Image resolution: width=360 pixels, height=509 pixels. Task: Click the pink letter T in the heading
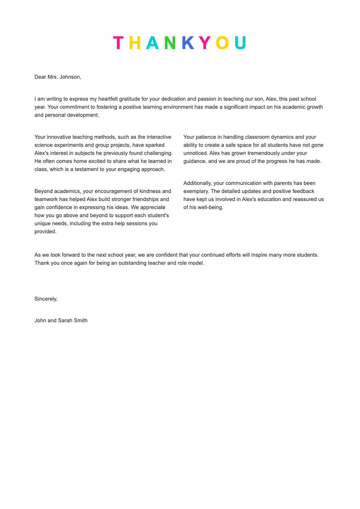[x=118, y=43]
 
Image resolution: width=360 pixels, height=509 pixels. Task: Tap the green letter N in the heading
[x=170, y=43]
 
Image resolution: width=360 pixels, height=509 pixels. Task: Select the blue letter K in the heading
[x=188, y=43]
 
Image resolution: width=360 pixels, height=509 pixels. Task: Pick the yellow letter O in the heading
[x=222, y=43]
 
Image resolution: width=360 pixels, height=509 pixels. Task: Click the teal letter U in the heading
[x=240, y=43]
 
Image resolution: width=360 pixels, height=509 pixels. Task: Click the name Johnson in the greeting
[x=70, y=77]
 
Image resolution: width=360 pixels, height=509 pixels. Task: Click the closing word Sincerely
[x=46, y=299]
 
